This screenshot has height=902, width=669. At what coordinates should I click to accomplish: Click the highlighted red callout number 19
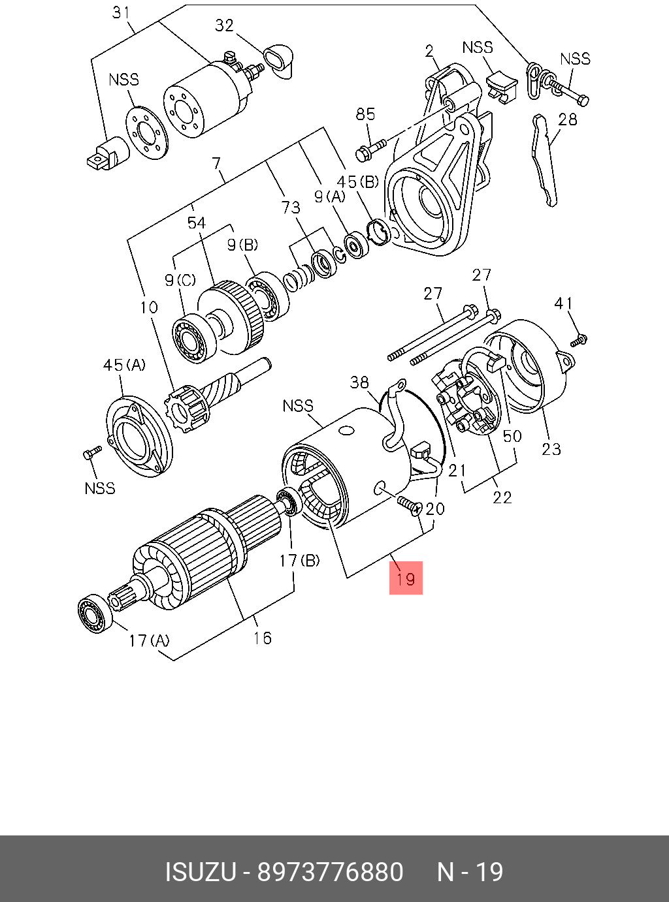click(406, 578)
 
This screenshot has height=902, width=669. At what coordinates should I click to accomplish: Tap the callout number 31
click(121, 12)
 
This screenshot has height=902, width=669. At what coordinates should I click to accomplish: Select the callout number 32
click(224, 25)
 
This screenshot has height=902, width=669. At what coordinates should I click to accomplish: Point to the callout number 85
click(365, 114)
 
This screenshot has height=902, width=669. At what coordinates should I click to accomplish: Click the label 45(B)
click(357, 182)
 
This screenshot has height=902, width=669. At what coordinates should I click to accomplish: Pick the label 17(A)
click(148, 640)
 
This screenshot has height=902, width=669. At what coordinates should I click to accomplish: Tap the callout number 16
click(262, 638)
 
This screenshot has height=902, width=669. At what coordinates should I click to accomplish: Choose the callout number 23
click(551, 448)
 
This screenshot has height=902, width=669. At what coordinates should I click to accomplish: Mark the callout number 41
click(563, 303)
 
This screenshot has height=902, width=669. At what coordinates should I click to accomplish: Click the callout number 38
click(359, 382)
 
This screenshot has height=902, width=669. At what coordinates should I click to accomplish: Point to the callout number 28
click(568, 119)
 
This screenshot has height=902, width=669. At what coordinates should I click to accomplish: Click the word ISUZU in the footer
click(199, 872)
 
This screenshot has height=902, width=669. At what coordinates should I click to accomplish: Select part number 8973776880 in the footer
click(330, 872)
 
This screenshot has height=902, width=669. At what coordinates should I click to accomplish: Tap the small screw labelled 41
click(579, 340)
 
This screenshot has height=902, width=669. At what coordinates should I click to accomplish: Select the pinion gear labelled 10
click(189, 409)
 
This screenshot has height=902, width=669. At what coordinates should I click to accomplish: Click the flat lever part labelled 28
click(546, 160)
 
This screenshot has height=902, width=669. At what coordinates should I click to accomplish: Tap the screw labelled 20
click(408, 505)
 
